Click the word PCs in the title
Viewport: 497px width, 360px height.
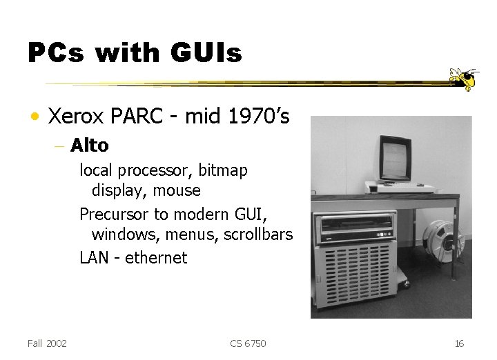coord(57,52)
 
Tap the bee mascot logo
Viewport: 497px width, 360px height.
coord(463,79)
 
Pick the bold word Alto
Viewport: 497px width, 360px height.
coord(90,146)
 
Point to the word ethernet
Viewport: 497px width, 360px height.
coord(156,258)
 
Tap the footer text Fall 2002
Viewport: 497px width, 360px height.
coord(47,343)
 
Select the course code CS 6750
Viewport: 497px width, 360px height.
coord(248,343)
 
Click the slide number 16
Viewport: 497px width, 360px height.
coord(459,343)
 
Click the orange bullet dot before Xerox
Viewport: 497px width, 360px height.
coord(33,117)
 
